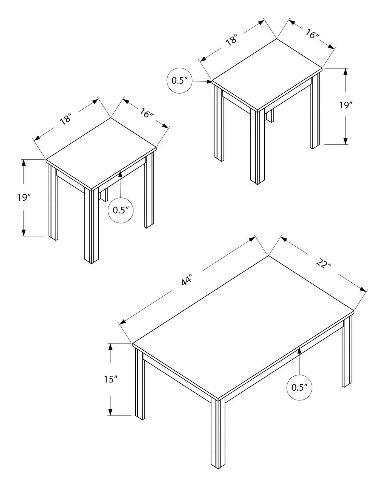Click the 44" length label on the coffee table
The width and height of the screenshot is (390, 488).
(186, 279)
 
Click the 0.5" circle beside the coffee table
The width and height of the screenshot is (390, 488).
(299, 387)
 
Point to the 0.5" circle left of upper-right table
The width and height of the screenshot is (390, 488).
(180, 80)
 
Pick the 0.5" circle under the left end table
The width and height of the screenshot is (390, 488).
(121, 210)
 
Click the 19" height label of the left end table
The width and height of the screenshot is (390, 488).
(24, 197)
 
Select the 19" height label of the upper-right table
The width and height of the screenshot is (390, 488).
(346, 105)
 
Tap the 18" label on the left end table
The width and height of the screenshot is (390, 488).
(65, 119)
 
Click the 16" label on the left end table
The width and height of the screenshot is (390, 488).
(146, 113)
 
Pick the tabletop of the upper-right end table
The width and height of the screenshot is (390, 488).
(267, 75)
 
